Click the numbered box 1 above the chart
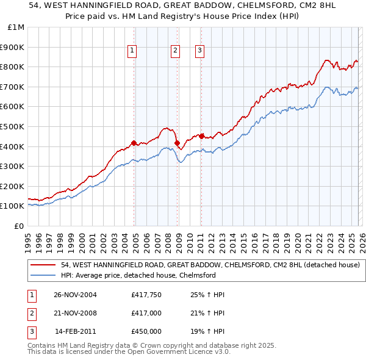(132, 51)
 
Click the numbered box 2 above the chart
(175, 51)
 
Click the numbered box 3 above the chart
(199, 51)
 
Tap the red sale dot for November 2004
(134, 143)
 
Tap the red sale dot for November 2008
(178, 143)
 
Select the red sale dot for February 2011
(201, 136)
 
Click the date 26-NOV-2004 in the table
(75, 295)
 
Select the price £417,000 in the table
(146, 313)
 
